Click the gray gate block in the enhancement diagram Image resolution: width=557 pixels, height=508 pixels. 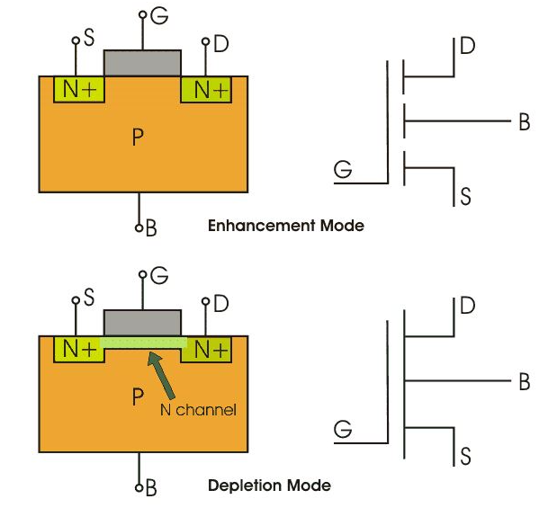142,63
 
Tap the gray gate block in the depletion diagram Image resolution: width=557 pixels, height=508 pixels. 142,323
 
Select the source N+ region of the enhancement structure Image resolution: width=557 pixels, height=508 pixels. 79,89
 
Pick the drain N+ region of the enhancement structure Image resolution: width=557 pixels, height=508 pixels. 206,89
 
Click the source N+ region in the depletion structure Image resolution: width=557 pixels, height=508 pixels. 79,349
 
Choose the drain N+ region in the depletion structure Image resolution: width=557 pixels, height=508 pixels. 206,349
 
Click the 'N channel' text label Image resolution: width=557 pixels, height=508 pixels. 198,410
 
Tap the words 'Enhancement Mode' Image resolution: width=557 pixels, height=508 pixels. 286,226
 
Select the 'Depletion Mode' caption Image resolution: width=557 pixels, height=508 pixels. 269,486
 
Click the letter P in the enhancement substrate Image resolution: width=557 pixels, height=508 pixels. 138,137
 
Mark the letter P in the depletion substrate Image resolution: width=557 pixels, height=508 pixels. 138,397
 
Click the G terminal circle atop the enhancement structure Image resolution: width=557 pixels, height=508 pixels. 143,14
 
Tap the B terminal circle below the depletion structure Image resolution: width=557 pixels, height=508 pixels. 139,487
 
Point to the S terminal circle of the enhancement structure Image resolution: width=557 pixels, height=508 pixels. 76,40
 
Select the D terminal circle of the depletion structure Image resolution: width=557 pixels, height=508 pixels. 206,301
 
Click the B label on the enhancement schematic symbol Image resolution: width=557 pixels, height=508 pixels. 525,121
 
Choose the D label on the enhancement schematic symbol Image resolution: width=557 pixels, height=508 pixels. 467,46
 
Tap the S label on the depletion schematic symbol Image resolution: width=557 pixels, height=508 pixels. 466,456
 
